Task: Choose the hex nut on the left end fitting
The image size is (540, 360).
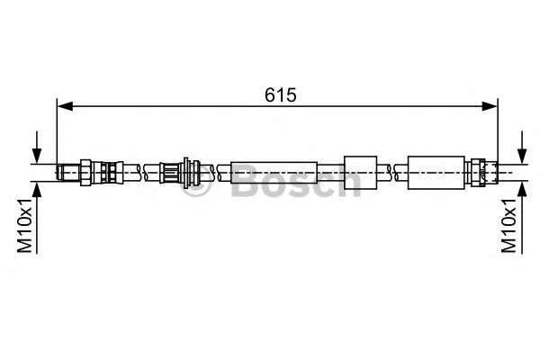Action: coord(85,170)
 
